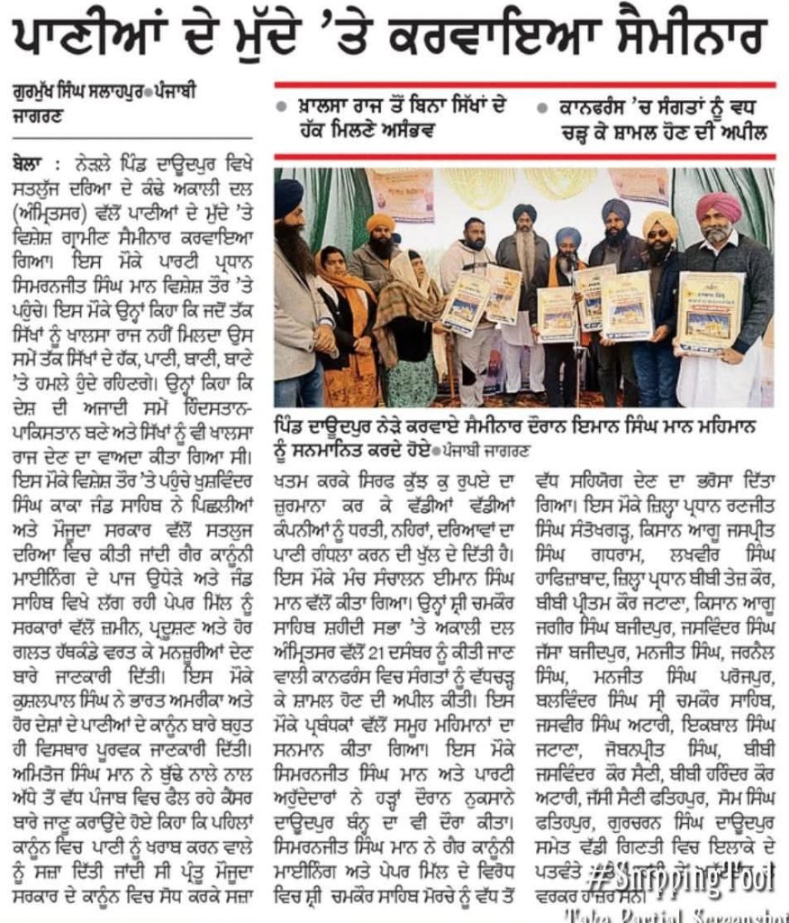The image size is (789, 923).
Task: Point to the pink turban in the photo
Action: (718, 206)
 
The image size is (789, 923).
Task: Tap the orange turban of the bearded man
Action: (381, 222)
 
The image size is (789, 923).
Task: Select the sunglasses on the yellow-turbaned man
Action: (660, 239)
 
